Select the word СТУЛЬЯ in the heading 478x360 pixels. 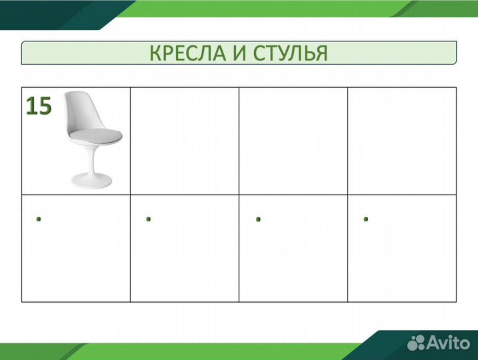[291, 53]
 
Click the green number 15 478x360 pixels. [39, 106]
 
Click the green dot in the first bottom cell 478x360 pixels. [39, 218]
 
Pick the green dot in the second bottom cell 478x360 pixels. [148, 218]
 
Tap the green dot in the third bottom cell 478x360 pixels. [257, 218]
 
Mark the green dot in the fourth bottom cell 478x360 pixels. [366, 218]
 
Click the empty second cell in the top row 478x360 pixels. [184, 141]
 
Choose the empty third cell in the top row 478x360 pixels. [293, 141]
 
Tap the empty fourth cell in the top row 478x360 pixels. [402, 141]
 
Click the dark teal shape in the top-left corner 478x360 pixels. [47, 12]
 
